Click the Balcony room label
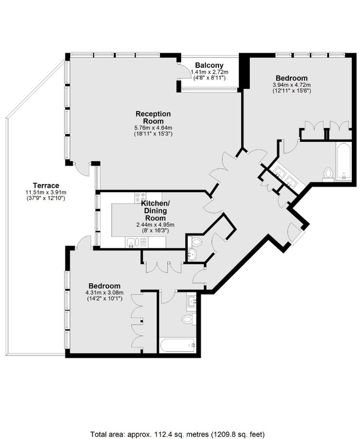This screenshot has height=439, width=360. point(209,65)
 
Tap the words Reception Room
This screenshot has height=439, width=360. point(153,117)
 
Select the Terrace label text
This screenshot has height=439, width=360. point(46,185)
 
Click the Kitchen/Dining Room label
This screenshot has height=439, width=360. point(155,210)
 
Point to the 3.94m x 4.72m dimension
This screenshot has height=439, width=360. point(291,84)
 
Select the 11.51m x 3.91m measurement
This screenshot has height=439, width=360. point(46,192)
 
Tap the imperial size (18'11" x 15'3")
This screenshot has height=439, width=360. point(153,134)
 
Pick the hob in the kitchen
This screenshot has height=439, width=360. point(141,197)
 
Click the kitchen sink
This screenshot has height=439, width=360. point(132,242)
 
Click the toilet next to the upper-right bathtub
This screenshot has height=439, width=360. point(328,174)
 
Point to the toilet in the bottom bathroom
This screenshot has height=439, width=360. point(188,319)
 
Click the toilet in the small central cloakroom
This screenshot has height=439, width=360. point(196,241)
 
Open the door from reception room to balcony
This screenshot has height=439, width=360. point(184,71)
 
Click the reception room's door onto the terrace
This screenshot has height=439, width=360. point(82,169)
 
